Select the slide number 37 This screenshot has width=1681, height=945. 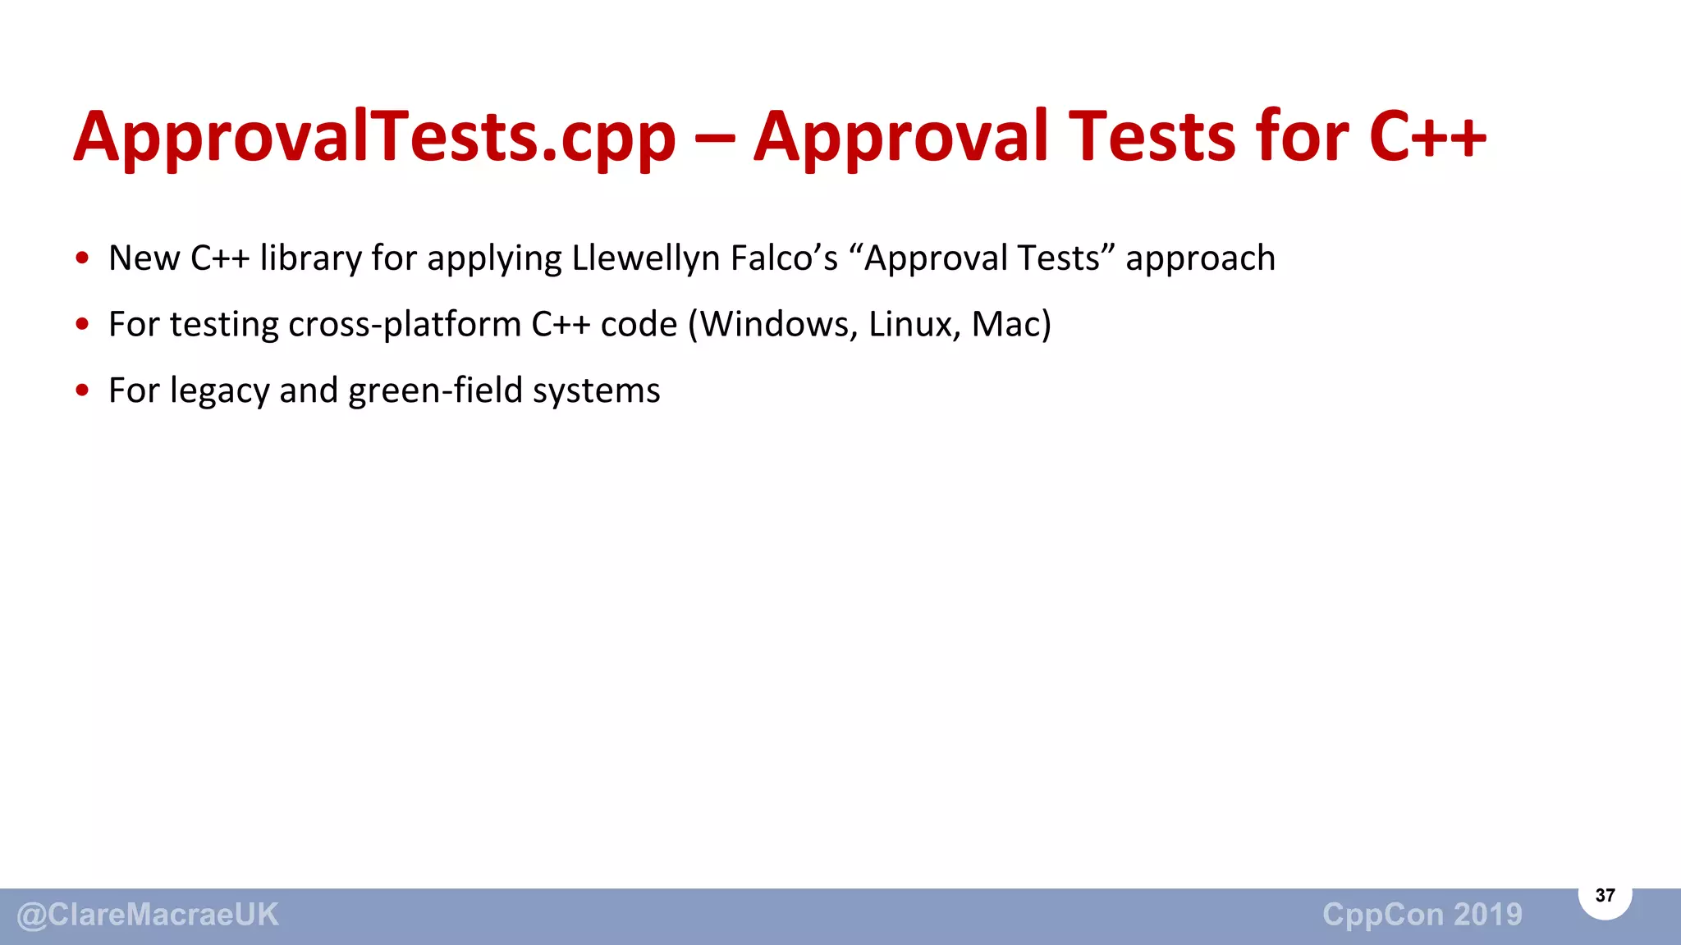[x=1605, y=895]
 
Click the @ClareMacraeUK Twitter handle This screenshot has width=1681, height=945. [x=148, y=915]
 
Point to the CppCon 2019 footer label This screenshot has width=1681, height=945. [x=1422, y=915]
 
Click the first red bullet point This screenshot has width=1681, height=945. [x=82, y=258]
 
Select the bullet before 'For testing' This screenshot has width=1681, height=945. [x=82, y=325]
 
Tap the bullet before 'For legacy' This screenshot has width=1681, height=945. [x=82, y=390]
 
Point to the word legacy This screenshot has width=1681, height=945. [x=219, y=391]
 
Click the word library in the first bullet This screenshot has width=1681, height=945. [x=310, y=259]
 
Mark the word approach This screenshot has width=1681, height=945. [x=1200, y=259]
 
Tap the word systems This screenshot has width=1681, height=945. [x=596, y=391]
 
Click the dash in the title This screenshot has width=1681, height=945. [x=714, y=138]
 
